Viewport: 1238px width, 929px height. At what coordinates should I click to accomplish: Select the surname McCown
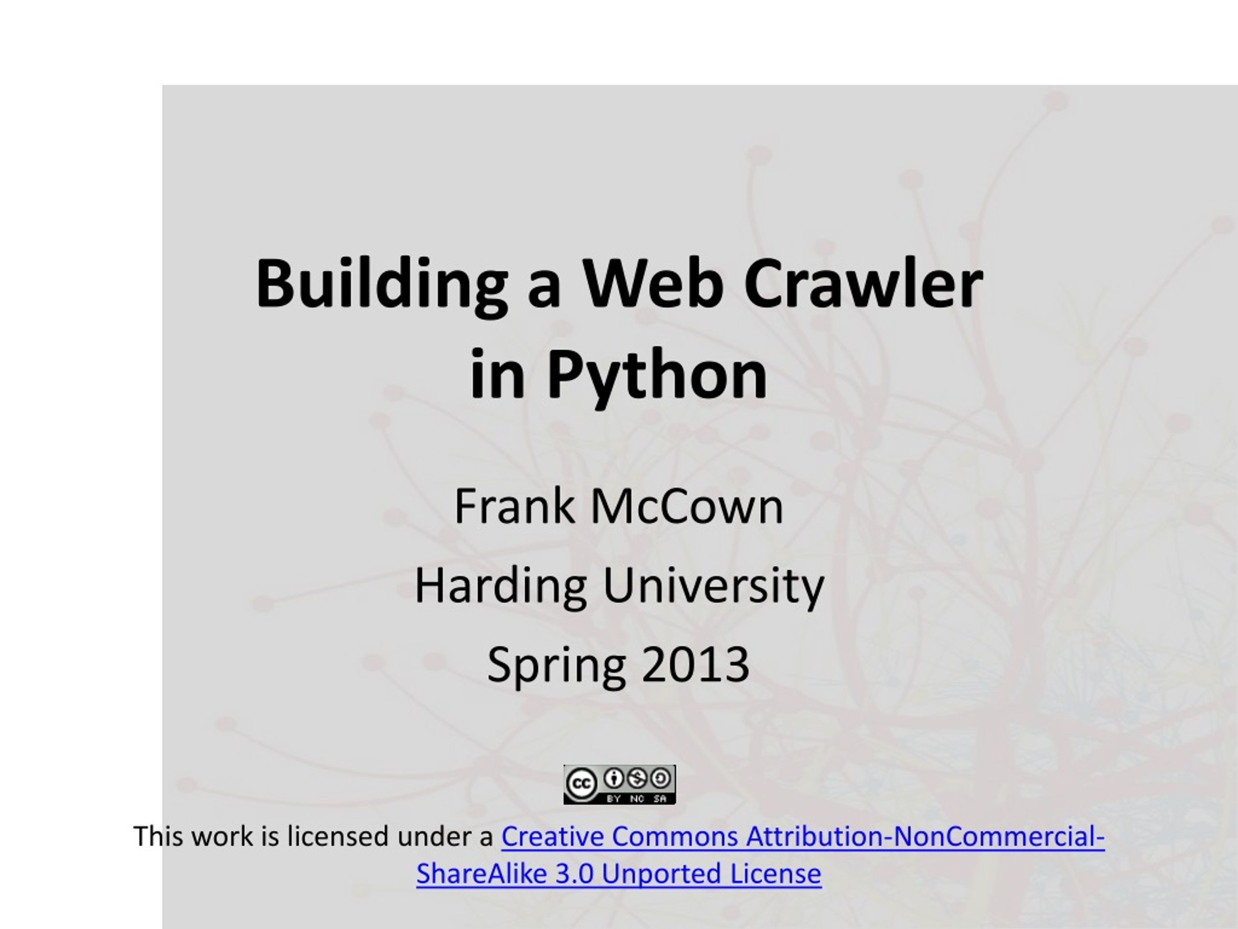point(687,506)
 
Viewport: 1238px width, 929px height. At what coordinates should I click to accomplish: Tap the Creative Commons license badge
point(619,784)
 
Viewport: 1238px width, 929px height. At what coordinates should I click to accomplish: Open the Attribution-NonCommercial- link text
point(925,837)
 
